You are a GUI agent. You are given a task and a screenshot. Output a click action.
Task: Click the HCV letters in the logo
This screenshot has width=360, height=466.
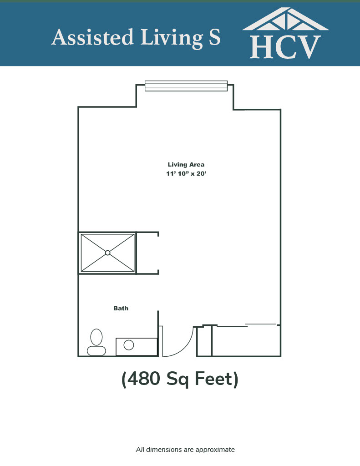285,47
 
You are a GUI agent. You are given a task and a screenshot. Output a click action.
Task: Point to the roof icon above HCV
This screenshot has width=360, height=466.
285,19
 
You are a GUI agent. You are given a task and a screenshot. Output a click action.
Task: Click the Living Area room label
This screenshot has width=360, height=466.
186,165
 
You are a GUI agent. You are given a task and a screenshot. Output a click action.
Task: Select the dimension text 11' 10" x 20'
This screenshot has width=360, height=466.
186,173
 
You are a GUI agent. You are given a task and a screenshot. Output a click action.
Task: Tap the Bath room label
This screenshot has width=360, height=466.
121,308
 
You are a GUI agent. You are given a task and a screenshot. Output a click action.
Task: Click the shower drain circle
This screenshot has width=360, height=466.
107,253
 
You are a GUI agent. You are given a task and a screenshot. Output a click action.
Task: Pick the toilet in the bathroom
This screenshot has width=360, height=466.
96,342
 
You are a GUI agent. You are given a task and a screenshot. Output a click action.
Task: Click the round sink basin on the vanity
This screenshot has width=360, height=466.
129,345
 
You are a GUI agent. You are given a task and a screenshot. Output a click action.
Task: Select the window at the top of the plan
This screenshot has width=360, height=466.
186,86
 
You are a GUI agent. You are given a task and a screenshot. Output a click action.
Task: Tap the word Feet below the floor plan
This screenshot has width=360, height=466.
213,379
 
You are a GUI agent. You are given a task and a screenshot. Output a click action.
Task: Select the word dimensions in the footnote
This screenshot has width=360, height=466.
164,449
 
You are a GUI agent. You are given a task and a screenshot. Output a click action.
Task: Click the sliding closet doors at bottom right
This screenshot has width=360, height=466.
247,325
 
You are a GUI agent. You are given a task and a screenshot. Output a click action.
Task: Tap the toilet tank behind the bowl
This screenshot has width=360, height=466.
96,351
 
